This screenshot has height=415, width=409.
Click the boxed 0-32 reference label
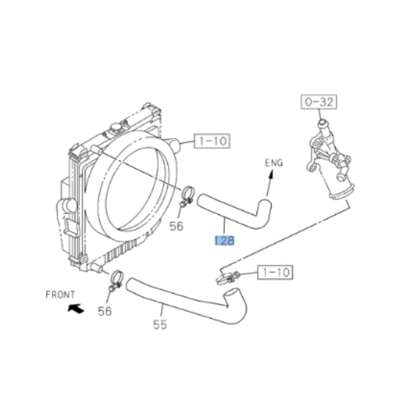319,102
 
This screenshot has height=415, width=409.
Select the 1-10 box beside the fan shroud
211,141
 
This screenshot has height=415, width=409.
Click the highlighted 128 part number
224,240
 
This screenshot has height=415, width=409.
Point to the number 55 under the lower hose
160,325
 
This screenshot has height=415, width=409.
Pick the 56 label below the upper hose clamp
176,226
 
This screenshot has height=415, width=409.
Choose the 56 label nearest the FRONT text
105,311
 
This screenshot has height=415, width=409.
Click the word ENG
274,163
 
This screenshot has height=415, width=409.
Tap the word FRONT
60,295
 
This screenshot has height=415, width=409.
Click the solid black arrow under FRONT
75,308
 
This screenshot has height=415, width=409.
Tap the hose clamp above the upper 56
187,193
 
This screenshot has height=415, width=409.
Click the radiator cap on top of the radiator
118,128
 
